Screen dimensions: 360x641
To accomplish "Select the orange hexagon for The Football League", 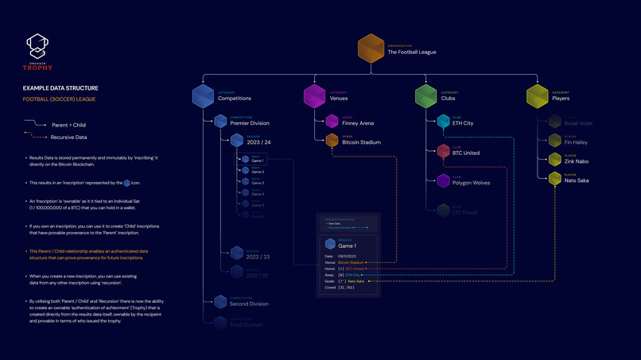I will pos(371,48).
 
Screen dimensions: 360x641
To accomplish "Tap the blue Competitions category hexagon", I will pos(204,96).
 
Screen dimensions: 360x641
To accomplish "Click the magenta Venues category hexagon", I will pos(315,96).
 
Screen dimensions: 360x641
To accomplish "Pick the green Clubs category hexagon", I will pos(426,96).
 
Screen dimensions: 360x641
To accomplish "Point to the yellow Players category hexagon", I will pos(538,96).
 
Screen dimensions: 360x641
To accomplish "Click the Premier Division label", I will pos(249,124).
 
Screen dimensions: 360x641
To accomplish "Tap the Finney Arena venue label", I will pos(358,124).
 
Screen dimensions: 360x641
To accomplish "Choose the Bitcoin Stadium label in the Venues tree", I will pos(360,142).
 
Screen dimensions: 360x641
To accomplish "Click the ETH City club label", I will pos(463,124).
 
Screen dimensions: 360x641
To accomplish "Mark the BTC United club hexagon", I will pos(443,151).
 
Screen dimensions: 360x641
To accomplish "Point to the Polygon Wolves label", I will pos(471,183).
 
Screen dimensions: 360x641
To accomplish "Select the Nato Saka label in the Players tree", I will pos(577,180).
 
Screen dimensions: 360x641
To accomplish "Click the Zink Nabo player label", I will pos(577,161).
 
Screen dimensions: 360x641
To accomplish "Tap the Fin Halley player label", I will pos(577,142).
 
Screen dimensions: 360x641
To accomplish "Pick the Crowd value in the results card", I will pos(347,288).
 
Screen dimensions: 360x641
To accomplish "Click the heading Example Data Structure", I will pos(60,89).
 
